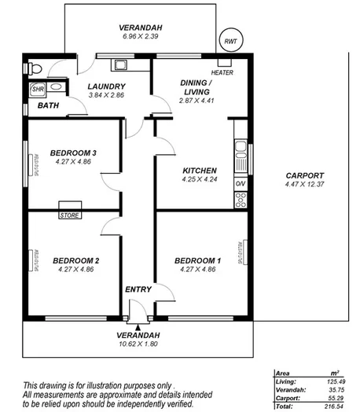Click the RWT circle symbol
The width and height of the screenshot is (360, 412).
point(229,41)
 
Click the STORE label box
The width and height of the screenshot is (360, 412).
point(70,215)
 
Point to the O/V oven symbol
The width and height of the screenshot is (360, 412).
point(240,184)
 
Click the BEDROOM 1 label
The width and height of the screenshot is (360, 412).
point(197,260)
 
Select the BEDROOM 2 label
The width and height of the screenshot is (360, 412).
point(75,260)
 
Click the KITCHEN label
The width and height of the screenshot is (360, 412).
point(199,171)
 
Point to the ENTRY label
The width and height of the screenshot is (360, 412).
point(138,289)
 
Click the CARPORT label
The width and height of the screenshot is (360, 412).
point(304,175)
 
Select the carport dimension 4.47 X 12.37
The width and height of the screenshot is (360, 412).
point(304,185)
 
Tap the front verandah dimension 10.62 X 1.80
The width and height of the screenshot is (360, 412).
point(138,343)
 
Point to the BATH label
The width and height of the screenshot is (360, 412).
point(48,105)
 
